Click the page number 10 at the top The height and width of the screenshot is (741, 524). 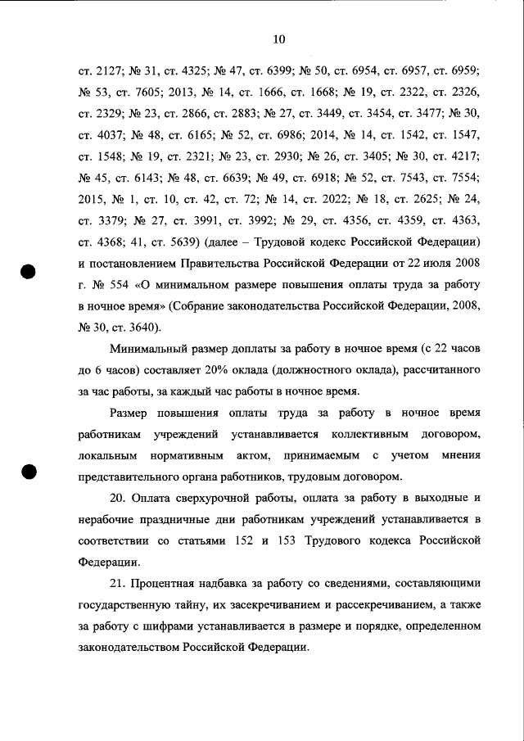[278, 38]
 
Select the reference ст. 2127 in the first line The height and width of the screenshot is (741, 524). [99, 72]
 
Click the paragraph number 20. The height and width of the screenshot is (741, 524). [120, 498]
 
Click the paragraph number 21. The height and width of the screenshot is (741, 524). [119, 584]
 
